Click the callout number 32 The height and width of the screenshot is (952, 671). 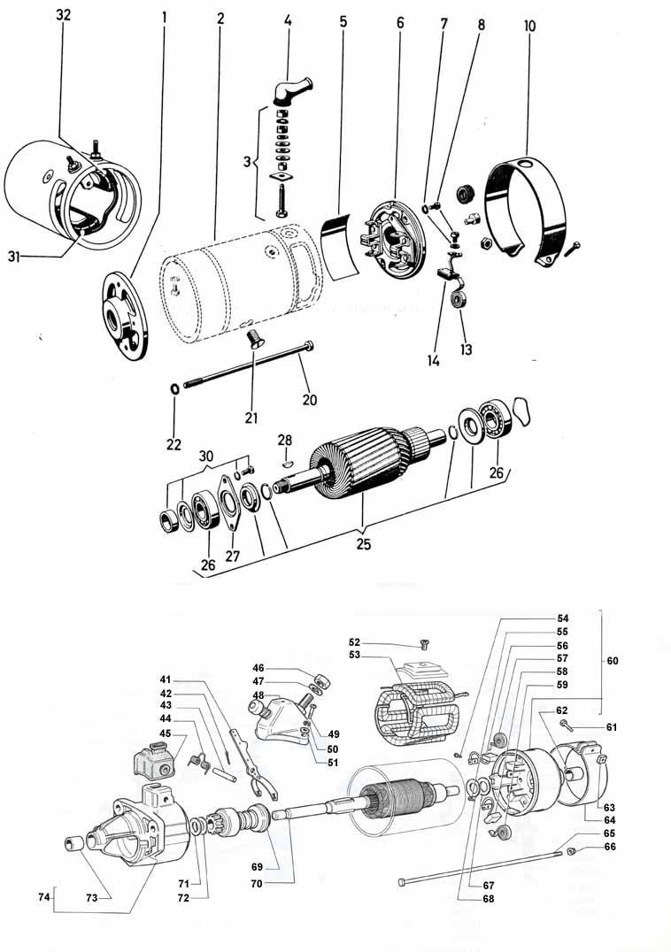pos(63,15)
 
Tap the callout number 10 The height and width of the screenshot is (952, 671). pos(529,27)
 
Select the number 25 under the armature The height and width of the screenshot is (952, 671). pos(363,544)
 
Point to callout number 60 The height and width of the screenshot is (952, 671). pos(613,661)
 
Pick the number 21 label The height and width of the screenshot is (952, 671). pos(251,418)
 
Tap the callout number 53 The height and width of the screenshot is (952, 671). pos(355,655)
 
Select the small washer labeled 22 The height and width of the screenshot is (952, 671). pos(174,388)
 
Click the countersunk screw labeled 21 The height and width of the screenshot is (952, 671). pos(254,339)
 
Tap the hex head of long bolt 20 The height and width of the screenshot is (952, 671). pos(308,346)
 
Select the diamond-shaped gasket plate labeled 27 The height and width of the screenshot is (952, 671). pos(229,503)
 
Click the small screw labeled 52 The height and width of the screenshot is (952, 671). pos(424,644)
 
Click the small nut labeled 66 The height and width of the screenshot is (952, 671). pos(572,852)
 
